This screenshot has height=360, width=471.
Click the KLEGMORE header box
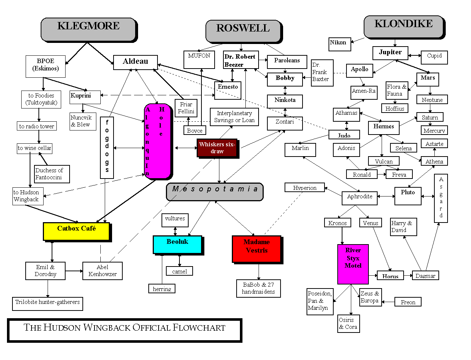click(x=88, y=29)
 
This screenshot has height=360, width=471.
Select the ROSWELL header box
click(x=243, y=31)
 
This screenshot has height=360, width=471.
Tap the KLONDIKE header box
click(x=404, y=26)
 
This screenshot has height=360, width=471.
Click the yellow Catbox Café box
click(x=76, y=231)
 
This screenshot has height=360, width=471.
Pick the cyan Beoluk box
click(x=177, y=245)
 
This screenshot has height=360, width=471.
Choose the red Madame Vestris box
click(x=256, y=249)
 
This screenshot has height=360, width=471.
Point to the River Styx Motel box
click(x=353, y=264)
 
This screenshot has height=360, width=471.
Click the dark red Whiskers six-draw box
click(x=217, y=148)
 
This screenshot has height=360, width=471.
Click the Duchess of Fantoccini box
click(x=52, y=174)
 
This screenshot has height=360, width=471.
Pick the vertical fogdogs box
click(x=107, y=147)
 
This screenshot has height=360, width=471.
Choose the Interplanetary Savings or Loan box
click(x=234, y=117)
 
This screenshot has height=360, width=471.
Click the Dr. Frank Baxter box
click(x=322, y=73)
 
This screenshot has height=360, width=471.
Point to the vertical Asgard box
click(x=441, y=198)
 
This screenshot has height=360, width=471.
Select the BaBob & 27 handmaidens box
click(x=258, y=289)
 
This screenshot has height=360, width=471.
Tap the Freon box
click(x=408, y=302)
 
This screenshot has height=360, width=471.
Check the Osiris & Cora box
click(x=348, y=324)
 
